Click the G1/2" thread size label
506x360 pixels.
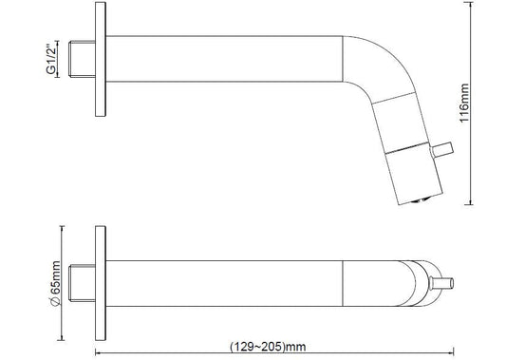point(51,59)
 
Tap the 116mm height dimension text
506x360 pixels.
point(464,103)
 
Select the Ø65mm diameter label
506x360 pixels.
point(55,283)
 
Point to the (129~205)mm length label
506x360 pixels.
point(268,347)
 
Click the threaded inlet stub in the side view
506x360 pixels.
point(83,59)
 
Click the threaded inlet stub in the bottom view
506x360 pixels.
point(83,283)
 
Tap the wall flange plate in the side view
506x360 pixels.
point(101,59)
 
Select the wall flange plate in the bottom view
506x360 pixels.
point(101,283)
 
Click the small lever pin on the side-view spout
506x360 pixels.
point(442,149)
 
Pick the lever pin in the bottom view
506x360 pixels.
point(441,283)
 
